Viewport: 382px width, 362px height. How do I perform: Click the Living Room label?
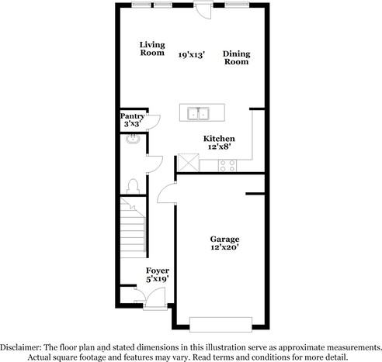coord(152,49)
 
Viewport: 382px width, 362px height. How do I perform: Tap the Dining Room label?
coord(236,57)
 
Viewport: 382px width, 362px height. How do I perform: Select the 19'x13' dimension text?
coord(192,55)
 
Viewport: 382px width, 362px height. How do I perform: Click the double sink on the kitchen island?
coord(199,113)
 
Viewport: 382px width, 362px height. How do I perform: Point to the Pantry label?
coord(132,116)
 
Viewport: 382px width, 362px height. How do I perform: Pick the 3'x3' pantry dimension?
coord(132,124)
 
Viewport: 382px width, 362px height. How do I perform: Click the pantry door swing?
coord(154,122)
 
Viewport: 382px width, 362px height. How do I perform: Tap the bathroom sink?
coord(133,139)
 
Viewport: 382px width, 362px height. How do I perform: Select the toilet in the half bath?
coord(133,186)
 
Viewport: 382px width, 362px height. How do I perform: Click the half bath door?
coord(155,164)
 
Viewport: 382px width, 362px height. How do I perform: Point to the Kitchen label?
coord(219,139)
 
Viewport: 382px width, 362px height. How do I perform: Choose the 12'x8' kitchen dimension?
coord(219,147)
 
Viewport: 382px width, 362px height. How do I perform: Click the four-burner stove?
coord(227,166)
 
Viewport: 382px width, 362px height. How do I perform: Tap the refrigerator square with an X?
coord(189,163)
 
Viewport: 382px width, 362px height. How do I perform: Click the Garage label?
coord(224,239)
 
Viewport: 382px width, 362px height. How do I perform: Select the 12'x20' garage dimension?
coord(224,247)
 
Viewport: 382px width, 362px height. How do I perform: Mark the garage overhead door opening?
coord(221,324)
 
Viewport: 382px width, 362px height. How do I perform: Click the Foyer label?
coord(158,271)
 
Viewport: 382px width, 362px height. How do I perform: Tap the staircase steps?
coord(133,227)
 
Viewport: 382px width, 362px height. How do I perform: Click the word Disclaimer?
coord(20,347)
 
